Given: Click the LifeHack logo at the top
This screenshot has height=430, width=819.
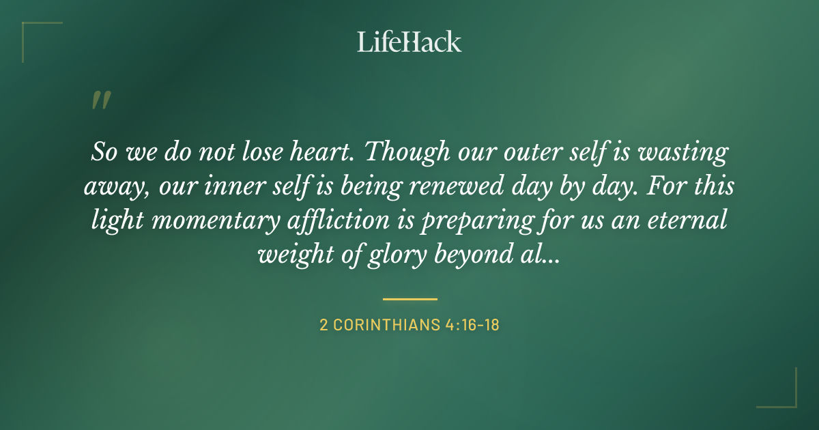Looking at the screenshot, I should coord(409,42).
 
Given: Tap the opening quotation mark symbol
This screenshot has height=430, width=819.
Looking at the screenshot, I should coord(100,101).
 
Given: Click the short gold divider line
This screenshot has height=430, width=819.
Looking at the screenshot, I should coord(409,299).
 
